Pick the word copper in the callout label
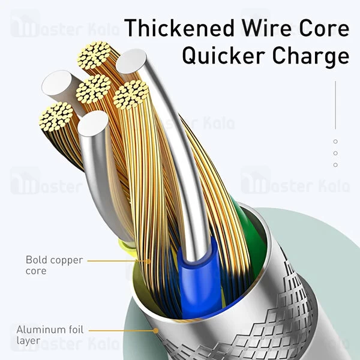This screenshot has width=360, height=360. [x=68, y=260]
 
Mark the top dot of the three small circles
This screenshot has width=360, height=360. [x=335, y=142]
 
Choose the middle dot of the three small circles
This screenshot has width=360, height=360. [x=335, y=153]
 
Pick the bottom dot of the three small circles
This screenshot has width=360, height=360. [x=335, y=164]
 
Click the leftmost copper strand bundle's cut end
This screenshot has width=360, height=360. [x=56, y=116]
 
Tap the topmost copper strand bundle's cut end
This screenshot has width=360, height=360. [x=94, y=55]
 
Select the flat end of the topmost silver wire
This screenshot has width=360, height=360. [x=131, y=61]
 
